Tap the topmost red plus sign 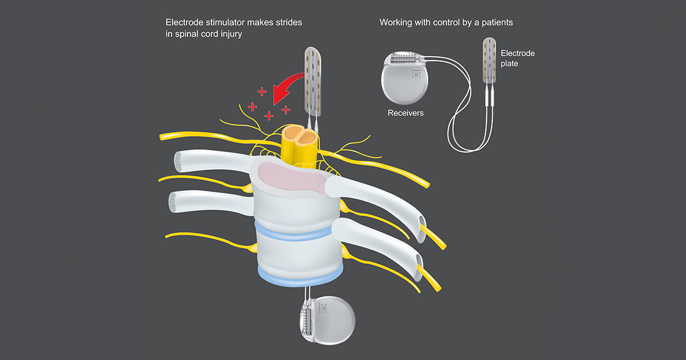point(262,91)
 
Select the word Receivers point(405,113)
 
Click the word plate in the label point(509,64)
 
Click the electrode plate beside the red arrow point(313,80)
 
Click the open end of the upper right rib point(422,221)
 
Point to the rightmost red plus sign point(286,109)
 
